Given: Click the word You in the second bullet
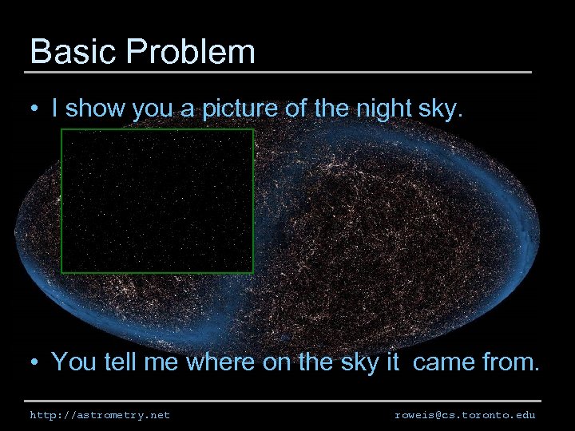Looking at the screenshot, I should coord(74,362).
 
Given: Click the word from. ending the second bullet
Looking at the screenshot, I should coord(512,362).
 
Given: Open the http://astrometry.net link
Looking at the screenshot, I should coord(100,415).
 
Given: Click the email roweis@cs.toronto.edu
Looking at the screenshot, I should coord(465,415).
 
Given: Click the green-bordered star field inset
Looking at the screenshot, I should coord(157,201).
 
